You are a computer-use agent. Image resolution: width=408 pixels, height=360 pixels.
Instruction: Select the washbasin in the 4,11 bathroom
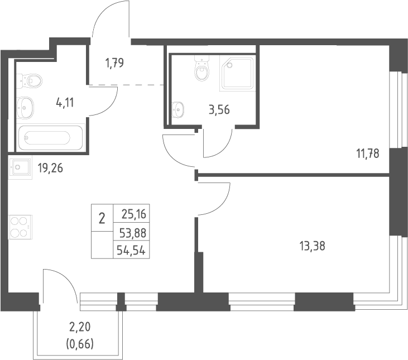(25, 108)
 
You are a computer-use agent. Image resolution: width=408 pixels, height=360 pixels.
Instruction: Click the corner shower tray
(237, 73)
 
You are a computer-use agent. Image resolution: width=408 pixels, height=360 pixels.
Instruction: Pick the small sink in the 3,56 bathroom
(177, 109)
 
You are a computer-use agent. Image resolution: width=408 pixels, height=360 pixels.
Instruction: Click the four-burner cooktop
(20, 227)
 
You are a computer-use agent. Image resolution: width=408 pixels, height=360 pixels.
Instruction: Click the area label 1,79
(114, 63)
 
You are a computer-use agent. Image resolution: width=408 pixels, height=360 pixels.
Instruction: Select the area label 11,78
(368, 153)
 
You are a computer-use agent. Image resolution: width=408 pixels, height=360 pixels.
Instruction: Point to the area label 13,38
(313, 246)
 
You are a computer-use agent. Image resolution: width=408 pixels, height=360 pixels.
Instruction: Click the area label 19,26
(50, 169)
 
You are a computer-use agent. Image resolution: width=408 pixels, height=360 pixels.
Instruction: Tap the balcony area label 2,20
(80, 327)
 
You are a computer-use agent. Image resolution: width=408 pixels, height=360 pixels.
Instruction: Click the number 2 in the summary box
(102, 218)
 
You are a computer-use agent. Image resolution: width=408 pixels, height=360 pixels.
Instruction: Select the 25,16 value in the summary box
(134, 214)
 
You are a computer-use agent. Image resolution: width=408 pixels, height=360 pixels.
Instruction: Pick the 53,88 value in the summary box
(133, 233)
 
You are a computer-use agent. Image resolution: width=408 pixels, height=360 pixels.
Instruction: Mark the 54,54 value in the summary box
(131, 251)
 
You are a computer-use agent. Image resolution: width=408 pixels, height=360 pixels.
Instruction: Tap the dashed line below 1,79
(127, 85)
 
